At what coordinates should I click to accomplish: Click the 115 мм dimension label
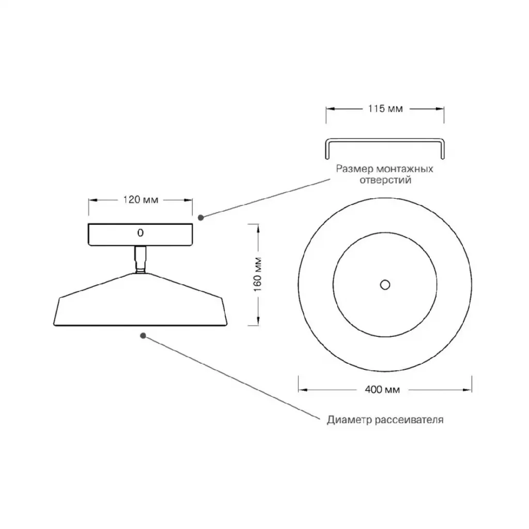[385, 108]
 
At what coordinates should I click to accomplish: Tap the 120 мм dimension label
[141, 200]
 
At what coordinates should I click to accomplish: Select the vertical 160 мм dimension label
[258, 275]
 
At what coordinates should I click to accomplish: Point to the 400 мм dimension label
[382, 390]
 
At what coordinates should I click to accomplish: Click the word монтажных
[404, 168]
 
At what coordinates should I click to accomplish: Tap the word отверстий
[385, 180]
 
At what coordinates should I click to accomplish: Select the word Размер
[354, 169]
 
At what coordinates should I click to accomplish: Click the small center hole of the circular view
[385, 285]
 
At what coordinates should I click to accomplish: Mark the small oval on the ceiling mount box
[141, 232]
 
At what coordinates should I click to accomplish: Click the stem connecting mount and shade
[141, 259]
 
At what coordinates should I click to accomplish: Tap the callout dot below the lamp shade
[143, 336]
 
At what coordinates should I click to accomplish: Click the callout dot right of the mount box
[201, 217]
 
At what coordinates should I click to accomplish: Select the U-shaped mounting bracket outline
[385, 139]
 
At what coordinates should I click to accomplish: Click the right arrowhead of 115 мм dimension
[440, 108]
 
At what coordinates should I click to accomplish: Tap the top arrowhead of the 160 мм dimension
[258, 228]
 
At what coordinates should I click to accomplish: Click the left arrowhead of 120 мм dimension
[93, 200]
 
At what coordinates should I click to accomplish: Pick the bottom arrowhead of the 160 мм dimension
[258, 321]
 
